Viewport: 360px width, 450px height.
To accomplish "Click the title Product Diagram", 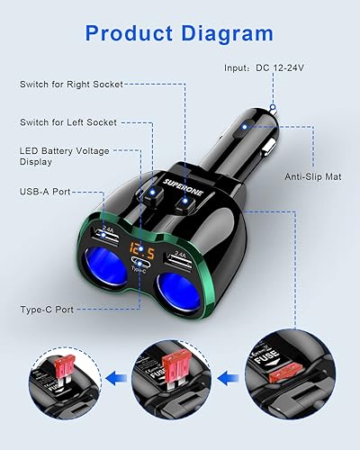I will click(x=180, y=34).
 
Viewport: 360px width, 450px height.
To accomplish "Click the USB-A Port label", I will click(x=46, y=191).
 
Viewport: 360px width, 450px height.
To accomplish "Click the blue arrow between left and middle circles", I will click(x=114, y=378).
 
